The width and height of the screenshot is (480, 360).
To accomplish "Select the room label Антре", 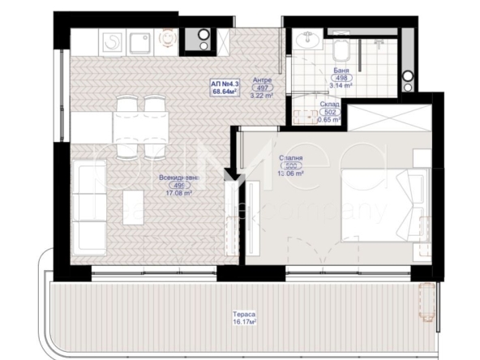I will (x=262, y=79).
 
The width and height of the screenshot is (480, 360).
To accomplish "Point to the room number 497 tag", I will (x=262, y=88).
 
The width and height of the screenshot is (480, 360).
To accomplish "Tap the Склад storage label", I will (x=328, y=105).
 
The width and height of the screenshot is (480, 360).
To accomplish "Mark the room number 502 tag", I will (x=328, y=112).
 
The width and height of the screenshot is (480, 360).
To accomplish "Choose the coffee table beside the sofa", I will (x=122, y=210).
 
